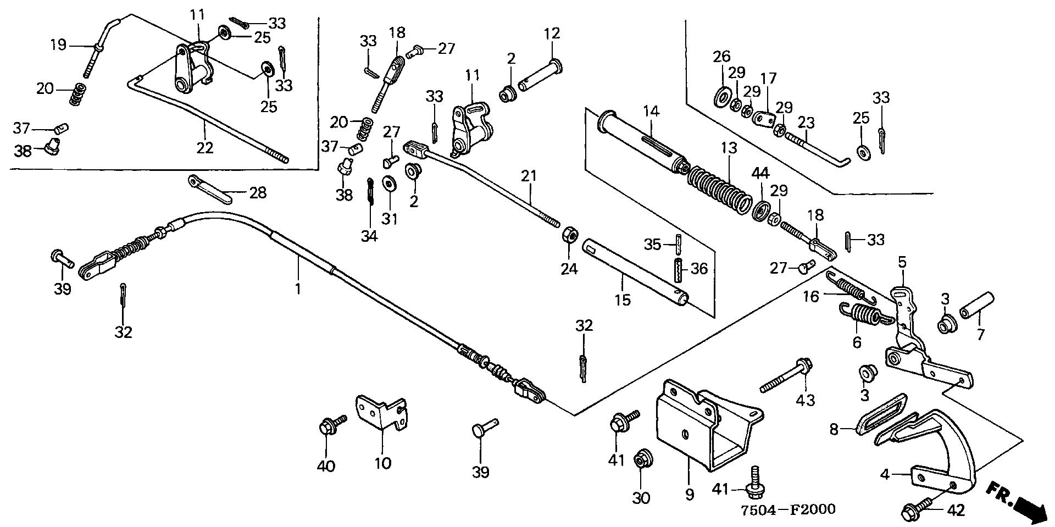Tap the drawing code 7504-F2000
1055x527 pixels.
tap(787, 509)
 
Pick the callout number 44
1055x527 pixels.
tap(760, 174)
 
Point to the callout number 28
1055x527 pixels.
tap(258, 193)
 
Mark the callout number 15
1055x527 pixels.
tap(623, 300)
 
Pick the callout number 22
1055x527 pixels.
tap(205, 148)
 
